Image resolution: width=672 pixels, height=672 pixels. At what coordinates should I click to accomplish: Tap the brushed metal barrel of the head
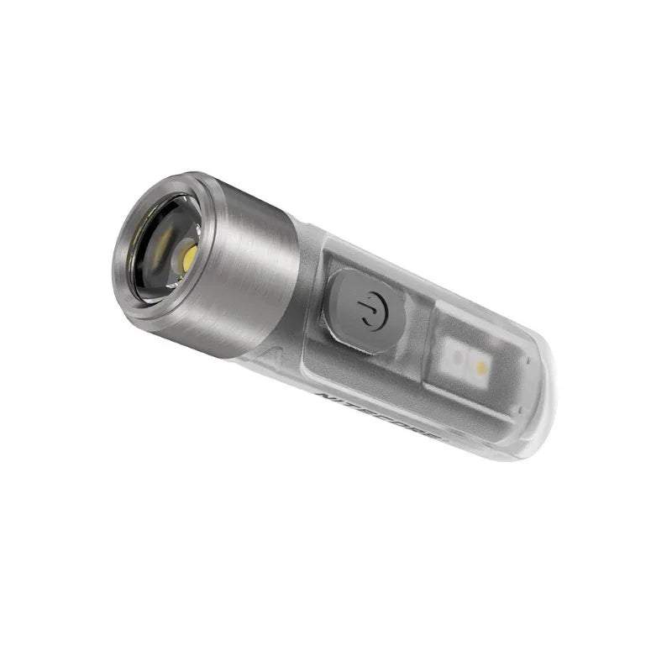(252, 269)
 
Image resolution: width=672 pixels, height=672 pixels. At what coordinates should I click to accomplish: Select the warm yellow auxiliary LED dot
(482, 367)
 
